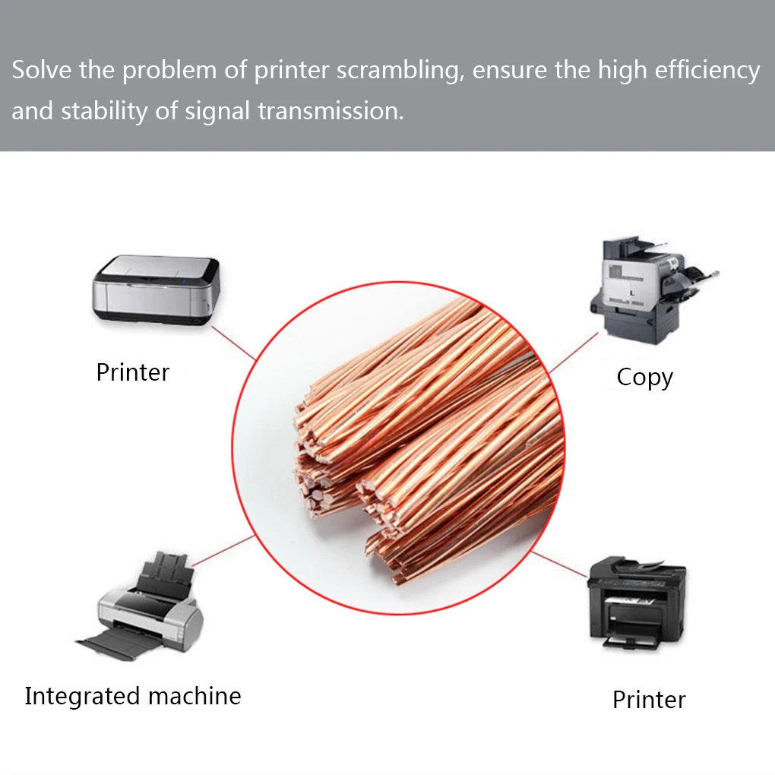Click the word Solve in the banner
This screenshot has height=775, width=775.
click(x=39, y=71)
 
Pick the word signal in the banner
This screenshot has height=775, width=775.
click(x=217, y=112)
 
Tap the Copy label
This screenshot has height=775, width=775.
click(x=644, y=377)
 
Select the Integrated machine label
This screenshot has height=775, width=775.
click(x=132, y=696)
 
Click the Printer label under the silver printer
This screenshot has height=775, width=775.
click(x=132, y=372)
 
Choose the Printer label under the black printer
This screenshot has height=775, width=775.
click(x=649, y=700)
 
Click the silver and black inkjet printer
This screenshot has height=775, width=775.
click(x=156, y=290)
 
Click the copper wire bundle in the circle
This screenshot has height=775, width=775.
click(x=425, y=441)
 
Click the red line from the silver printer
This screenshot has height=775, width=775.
click(x=232, y=342)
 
